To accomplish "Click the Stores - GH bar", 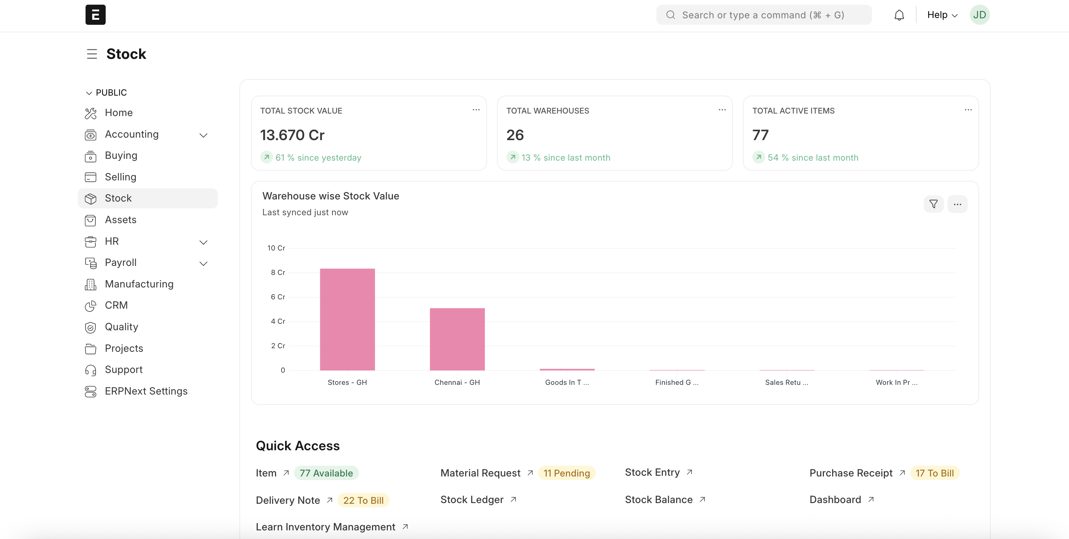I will click(347, 319).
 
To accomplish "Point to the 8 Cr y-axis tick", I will click(277, 272).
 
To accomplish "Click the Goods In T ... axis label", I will click(566, 382).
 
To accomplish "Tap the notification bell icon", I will click(899, 15).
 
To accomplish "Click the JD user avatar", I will click(979, 15).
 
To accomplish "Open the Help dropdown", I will click(942, 15).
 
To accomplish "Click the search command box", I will click(763, 15).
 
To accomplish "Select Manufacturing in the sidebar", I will click(139, 284).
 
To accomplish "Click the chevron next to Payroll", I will click(203, 263).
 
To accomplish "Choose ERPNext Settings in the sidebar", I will click(146, 391).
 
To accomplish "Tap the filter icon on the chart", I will click(933, 204).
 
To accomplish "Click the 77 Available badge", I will click(326, 473).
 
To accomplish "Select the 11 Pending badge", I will click(566, 473).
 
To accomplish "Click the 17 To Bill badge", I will click(935, 473).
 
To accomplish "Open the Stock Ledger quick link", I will click(472, 499).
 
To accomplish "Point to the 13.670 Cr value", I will click(292, 135).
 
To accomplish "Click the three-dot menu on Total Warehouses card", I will click(722, 110).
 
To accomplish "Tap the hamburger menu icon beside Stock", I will click(92, 54).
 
